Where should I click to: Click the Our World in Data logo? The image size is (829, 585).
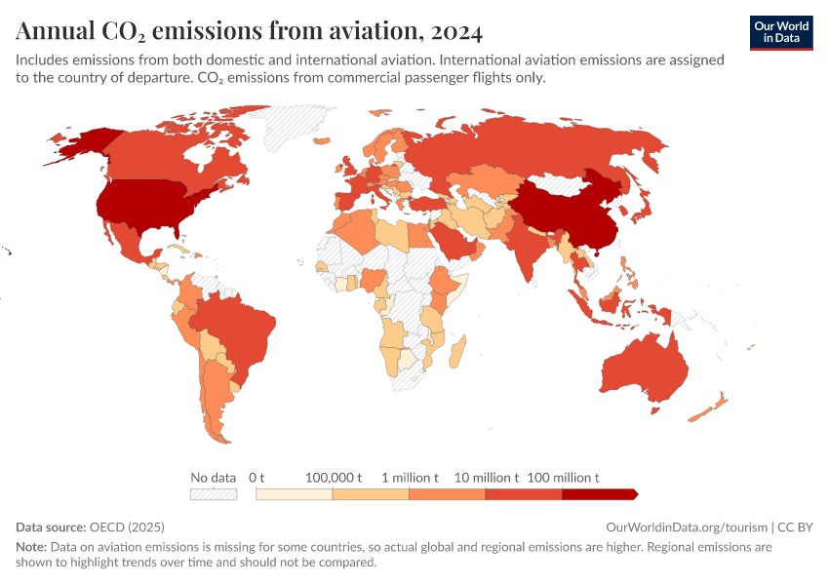(780, 32)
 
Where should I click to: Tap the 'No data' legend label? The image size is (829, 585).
(214, 478)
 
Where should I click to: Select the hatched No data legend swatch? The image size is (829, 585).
(214, 494)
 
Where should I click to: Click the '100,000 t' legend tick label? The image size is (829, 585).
(333, 478)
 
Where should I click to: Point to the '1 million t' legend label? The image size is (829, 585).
(410, 478)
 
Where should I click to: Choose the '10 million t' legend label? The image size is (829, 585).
(486, 478)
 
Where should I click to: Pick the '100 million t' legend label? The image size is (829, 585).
(563, 478)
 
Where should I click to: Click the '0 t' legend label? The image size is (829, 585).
(257, 478)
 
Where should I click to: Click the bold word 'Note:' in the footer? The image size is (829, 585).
(31, 548)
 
